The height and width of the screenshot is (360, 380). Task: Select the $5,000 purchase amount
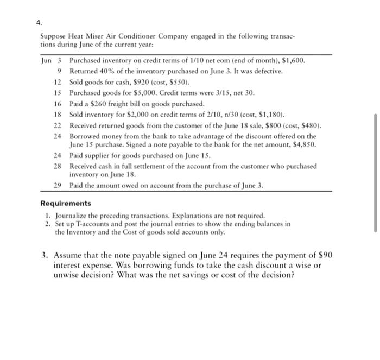141,93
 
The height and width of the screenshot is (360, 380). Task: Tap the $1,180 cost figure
271,115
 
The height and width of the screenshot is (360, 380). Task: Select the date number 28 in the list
58,166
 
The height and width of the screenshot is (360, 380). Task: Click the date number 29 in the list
58,186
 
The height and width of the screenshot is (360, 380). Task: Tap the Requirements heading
66,203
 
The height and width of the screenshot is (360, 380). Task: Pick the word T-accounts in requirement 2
88,223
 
